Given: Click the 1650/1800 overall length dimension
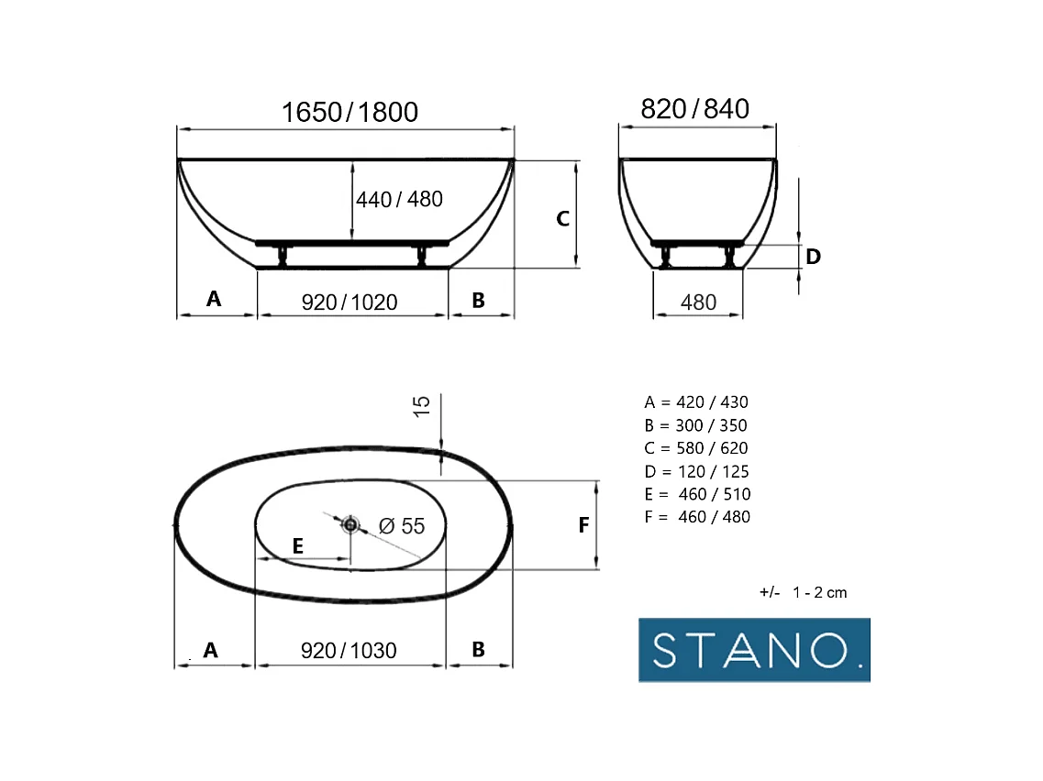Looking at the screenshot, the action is [x=350, y=113].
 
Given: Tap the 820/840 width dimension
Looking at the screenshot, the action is [x=695, y=109].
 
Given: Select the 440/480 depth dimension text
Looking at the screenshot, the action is [x=399, y=199].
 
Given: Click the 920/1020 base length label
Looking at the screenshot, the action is [x=350, y=302].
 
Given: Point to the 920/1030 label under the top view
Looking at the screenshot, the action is [x=349, y=650].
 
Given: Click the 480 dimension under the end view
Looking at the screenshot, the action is [x=698, y=302].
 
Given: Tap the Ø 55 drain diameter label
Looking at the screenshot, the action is [x=402, y=526].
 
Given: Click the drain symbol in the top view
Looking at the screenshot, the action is [x=350, y=525].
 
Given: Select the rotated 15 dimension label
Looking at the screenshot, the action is [x=422, y=406].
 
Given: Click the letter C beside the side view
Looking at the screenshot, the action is [x=562, y=219].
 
